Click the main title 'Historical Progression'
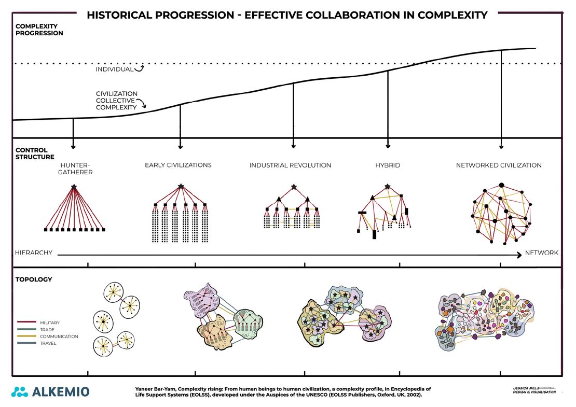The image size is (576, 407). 287,15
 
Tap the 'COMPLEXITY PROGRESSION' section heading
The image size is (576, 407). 39,30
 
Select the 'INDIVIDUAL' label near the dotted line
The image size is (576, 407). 114,69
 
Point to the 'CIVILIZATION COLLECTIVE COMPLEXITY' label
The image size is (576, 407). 116,101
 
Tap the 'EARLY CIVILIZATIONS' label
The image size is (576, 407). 178,165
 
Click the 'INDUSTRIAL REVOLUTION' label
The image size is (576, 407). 290,165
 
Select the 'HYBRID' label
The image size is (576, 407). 388,165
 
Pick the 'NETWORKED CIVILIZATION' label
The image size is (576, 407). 499,165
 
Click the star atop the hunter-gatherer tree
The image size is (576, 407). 74,187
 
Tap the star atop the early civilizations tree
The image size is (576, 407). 181,186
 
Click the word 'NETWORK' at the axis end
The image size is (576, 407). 542,253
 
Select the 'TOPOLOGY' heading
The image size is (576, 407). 34,279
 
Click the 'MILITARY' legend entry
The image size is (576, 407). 50,322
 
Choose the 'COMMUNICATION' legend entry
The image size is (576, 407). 59,336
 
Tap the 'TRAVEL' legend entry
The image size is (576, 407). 48,343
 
